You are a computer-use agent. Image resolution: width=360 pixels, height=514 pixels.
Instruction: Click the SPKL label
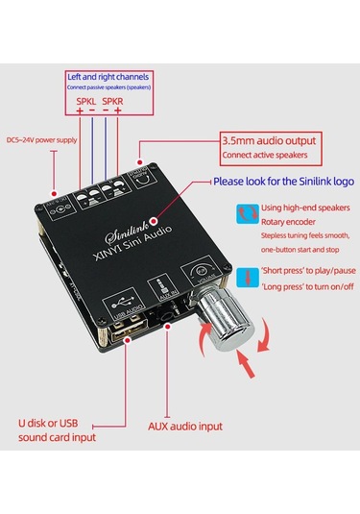tap(86, 100)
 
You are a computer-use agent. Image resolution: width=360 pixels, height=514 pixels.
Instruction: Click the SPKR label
tap(114, 100)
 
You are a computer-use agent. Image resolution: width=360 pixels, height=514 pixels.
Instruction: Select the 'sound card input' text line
tap(58, 438)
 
